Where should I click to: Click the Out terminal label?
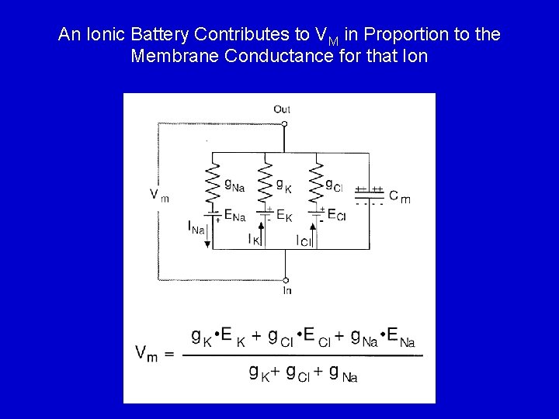click(x=282, y=109)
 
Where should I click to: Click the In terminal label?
click(x=286, y=291)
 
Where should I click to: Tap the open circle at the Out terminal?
click(x=284, y=123)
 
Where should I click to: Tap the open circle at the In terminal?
click(x=286, y=280)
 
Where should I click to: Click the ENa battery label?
click(x=234, y=216)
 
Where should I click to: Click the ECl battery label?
click(x=336, y=215)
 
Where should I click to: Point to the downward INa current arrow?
click(x=208, y=233)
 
